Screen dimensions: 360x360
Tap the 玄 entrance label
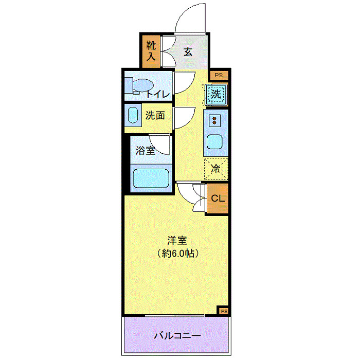point(188,51)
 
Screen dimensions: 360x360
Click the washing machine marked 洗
point(217,95)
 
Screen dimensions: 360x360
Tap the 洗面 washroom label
point(154,116)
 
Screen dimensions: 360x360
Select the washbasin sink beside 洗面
point(133,115)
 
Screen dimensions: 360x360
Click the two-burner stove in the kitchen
point(214,121)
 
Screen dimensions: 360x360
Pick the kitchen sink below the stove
point(214,141)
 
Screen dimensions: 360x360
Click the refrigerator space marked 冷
point(216,168)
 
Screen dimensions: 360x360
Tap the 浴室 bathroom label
point(145,151)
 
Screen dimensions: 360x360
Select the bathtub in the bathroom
point(151,179)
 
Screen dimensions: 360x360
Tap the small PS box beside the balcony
point(224,311)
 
